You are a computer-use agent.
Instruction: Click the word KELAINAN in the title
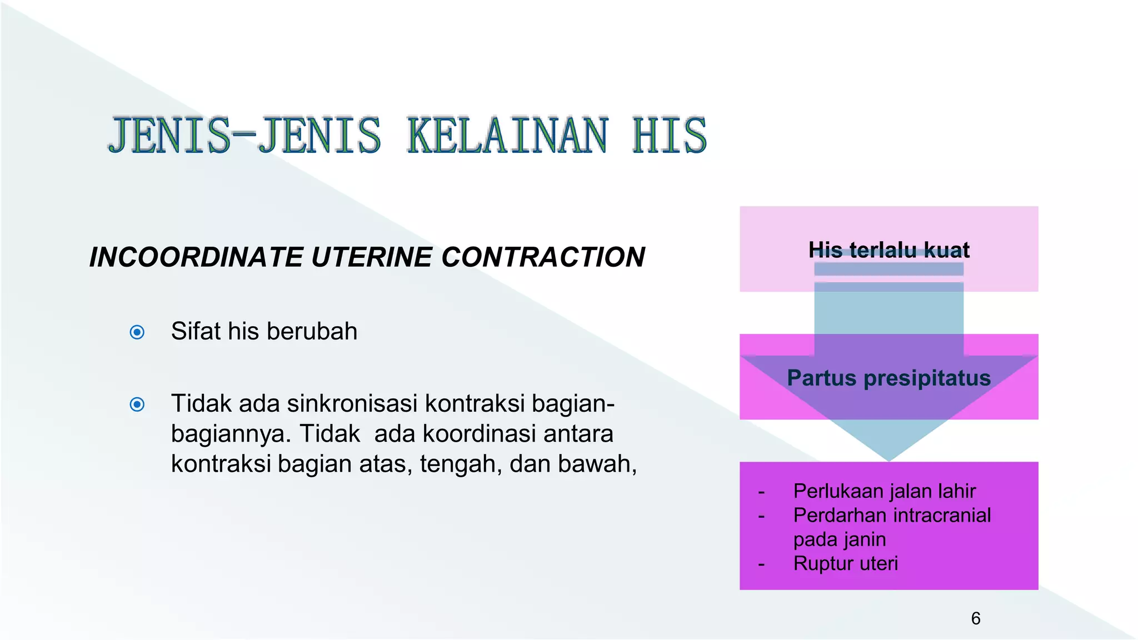507,136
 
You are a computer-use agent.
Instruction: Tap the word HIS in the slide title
669,136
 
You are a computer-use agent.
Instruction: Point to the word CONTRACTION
543,257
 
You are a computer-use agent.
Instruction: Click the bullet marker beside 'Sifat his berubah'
137,332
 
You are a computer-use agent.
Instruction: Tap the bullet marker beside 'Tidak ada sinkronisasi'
137,404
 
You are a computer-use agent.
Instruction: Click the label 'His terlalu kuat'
889,250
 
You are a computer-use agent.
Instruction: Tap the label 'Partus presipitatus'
889,378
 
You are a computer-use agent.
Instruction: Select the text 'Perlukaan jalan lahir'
884,491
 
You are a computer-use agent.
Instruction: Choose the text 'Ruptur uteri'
845,563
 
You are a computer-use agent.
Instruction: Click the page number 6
976,618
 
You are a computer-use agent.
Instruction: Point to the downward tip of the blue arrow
889,459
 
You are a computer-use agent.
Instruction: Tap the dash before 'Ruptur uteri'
761,564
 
